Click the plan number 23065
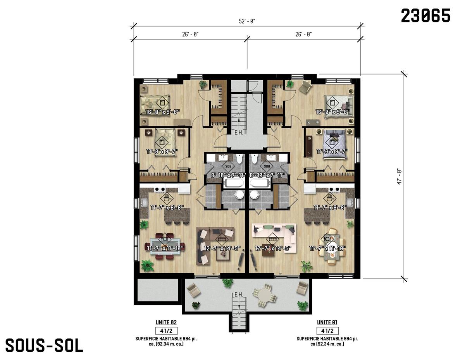coord(425,16)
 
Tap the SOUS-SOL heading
coord(44,345)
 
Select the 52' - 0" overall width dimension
coord(247,21)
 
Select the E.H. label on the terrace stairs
coord(238,295)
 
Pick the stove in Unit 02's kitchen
coord(160,189)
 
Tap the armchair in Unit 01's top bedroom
coord(305,87)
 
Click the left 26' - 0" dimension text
coord(190,34)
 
